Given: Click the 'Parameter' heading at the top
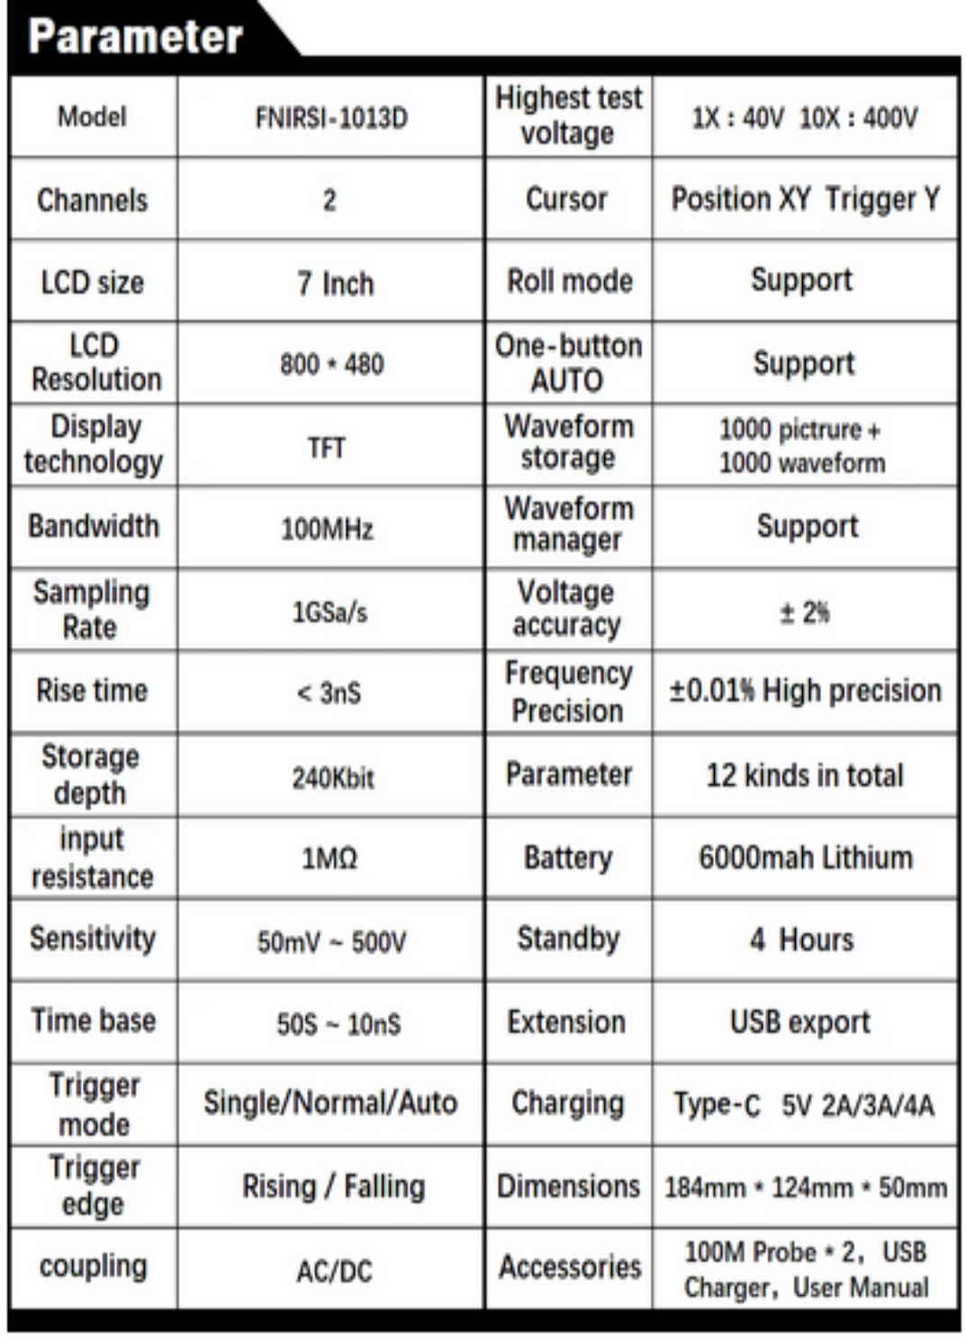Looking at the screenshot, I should (x=135, y=37).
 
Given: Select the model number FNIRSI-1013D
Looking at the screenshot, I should (x=331, y=118).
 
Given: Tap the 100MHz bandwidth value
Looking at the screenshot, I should (x=327, y=529).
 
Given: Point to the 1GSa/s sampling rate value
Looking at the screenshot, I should (x=330, y=612).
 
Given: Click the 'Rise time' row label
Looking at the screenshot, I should (x=92, y=691).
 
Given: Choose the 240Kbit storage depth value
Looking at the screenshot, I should (x=332, y=777).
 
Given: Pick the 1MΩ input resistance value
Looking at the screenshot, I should (x=330, y=858).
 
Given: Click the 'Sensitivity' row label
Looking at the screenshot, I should (x=93, y=938).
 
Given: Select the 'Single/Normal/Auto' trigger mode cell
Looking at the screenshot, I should (x=330, y=1103).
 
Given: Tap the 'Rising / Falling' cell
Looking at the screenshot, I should (x=333, y=1186).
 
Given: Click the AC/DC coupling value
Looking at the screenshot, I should (x=334, y=1271).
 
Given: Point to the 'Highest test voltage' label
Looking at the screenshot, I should (x=568, y=115).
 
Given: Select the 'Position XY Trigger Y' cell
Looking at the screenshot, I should (x=806, y=199).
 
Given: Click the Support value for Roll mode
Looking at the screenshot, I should (x=802, y=280).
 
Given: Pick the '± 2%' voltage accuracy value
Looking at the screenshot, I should (x=805, y=612).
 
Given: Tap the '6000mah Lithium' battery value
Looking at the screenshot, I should (x=806, y=857).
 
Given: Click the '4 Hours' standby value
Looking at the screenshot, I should (x=801, y=939).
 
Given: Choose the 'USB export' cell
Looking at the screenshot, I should (x=800, y=1022).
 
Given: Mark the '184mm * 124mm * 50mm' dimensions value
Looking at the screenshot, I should (x=806, y=1188).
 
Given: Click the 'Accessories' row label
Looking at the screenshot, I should (x=570, y=1267).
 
